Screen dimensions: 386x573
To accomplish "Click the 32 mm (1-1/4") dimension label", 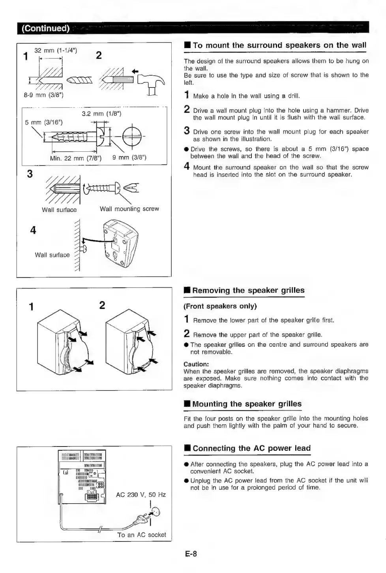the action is click(56, 50).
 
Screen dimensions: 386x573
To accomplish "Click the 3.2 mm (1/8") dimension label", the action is click(101, 114).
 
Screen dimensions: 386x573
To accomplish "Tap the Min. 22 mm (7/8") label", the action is click(76, 158).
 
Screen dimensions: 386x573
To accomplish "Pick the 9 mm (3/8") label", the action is click(129, 158).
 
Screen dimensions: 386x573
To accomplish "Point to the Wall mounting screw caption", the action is click(129, 209).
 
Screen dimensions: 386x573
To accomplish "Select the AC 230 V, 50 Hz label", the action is click(141, 495).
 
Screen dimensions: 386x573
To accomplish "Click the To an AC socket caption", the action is click(142, 535).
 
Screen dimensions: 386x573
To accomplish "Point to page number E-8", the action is click(191, 554).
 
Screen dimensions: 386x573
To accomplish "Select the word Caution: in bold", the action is click(196, 364).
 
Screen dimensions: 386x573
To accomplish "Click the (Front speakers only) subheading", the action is click(220, 306).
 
